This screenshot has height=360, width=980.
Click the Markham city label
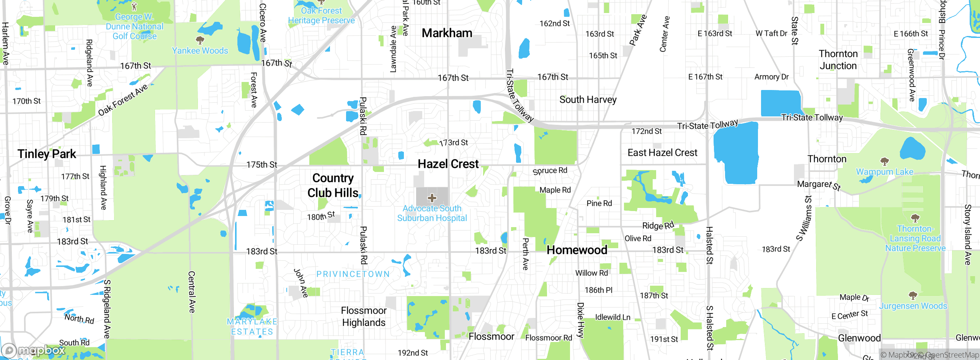(x=447, y=33)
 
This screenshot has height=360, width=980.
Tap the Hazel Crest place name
(x=448, y=164)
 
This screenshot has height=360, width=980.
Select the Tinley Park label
(x=47, y=154)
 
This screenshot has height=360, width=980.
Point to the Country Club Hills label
(x=333, y=185)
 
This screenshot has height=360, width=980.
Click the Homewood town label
(x=577, y=250)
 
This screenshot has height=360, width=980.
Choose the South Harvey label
(x=588, y=100)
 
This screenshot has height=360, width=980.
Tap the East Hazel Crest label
(x=662, y=153)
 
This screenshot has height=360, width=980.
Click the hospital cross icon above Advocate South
(x=432, y=198)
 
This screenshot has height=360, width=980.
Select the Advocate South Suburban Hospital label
(x=432, y=213)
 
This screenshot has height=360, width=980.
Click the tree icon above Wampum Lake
(x=884, y=161)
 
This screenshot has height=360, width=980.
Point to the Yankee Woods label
(x=200, y=51)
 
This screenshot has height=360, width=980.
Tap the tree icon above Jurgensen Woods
(x=913, y=295)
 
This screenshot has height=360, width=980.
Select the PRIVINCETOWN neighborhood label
(x=353, y=274)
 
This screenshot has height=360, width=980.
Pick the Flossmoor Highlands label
(x=364, y=317)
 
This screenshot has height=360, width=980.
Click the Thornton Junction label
(x=838, y=60)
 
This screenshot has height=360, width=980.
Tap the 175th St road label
(x=262, y=165)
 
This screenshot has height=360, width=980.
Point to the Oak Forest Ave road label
(x=123, y=100)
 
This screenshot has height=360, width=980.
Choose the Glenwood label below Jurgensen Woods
(x=859, y=338)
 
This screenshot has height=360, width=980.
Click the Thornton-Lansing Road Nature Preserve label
(x=915, y=239)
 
